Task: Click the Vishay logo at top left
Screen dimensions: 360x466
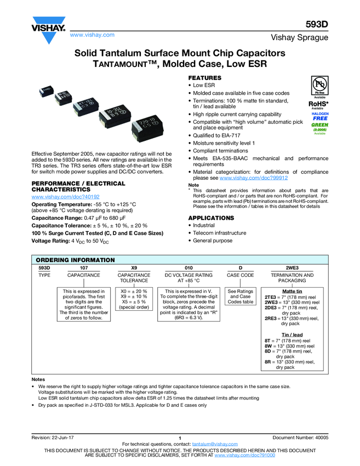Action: click(x=48, y=31)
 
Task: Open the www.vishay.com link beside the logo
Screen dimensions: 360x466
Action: click(x=92, y=35)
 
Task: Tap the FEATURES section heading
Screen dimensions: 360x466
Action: click(x=205, y=78)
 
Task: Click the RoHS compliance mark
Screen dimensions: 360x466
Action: click(x=318, y=103)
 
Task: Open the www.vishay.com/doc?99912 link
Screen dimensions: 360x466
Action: click(x=254, y=178)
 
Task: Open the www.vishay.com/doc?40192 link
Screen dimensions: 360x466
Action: click(x=66, y=196)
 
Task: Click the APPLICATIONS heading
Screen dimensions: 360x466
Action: click(x=211, y=218)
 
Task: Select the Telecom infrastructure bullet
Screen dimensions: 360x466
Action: click(x=220, y=233)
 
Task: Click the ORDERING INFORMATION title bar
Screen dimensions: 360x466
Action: click(x=75, y=260)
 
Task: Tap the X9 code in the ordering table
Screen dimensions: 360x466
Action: click(x=134, y=268)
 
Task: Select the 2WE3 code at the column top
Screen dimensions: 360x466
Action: click(x=292, y=268)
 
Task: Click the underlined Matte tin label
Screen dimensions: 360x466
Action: click(x=292, y=291)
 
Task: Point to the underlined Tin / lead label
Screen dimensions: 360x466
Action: click(x=292, y=334)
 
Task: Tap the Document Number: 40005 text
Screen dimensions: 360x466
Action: click(x=300, y=437)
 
